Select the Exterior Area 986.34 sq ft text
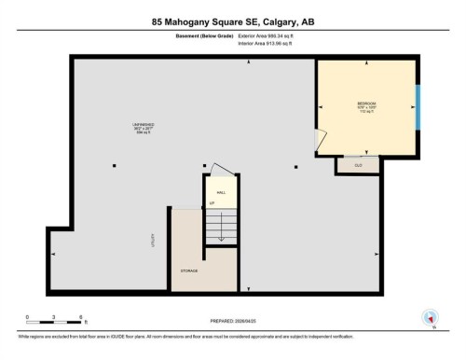point(271,35)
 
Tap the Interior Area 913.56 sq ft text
point(271,43)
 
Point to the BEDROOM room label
point(365,103)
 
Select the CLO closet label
point(358,165)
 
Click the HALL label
point(222,191)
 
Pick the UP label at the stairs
point(212,202)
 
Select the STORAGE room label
point(189,270)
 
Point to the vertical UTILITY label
point(151,240)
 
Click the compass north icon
point(430,318)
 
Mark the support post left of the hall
point(114,166)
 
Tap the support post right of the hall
point(296,166)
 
